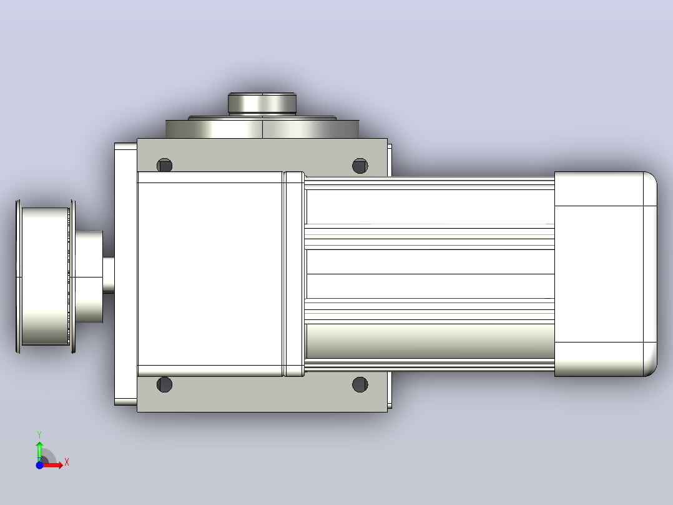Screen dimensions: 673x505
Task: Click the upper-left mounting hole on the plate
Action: [x=164, y=165]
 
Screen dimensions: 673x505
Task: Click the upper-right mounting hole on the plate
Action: [x=360, y=166]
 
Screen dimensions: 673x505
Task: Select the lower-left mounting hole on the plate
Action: [x=164, y=384]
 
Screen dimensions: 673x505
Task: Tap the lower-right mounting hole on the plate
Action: [x=360, y=384]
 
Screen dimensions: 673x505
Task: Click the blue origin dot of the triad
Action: [x=39, y=465]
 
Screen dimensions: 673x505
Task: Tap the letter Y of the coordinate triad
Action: [x=39, y=435]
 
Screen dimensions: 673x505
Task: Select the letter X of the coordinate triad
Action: [x=67, y=462]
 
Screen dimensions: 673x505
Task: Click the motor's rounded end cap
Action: [x=605, y=274]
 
